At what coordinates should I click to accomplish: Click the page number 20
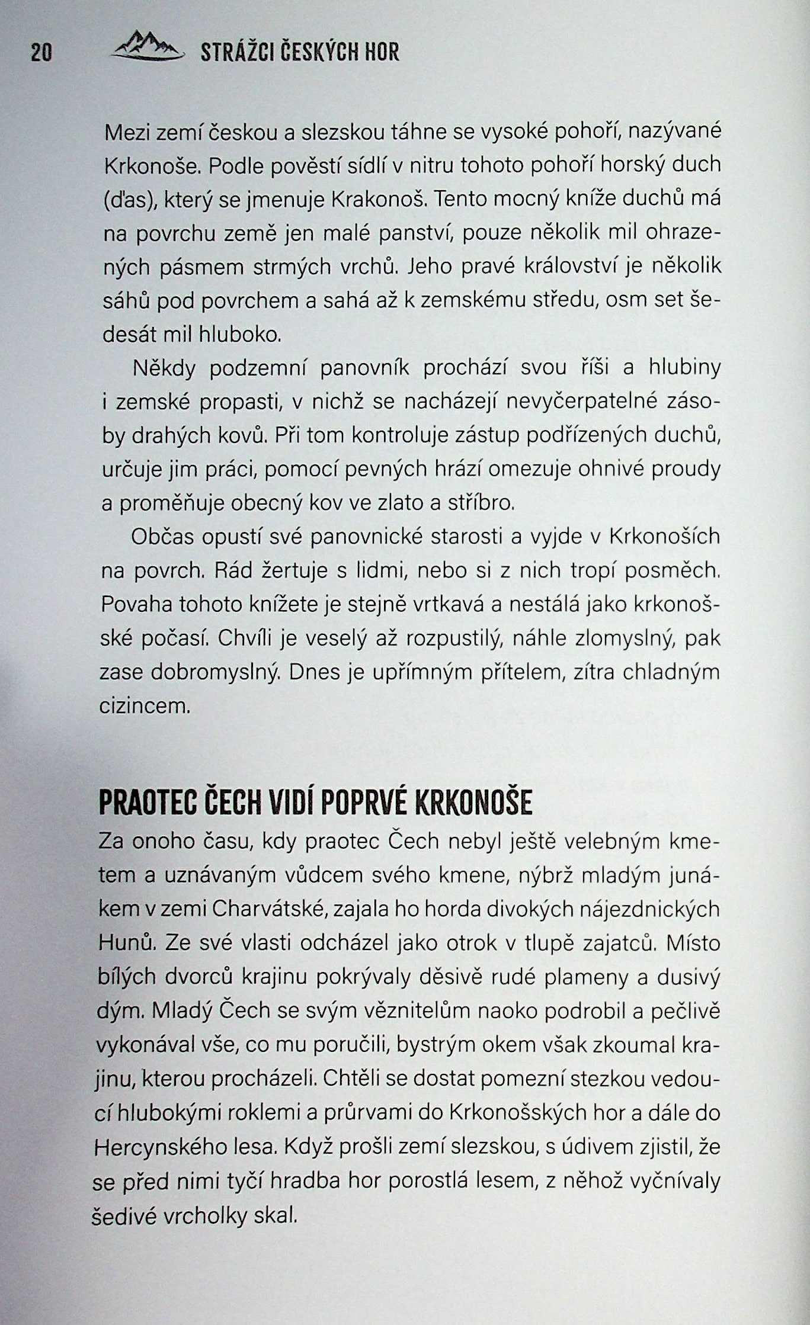coord(41,53)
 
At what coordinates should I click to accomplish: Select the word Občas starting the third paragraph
coord(162,537)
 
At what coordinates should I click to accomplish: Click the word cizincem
coord(145,706)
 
